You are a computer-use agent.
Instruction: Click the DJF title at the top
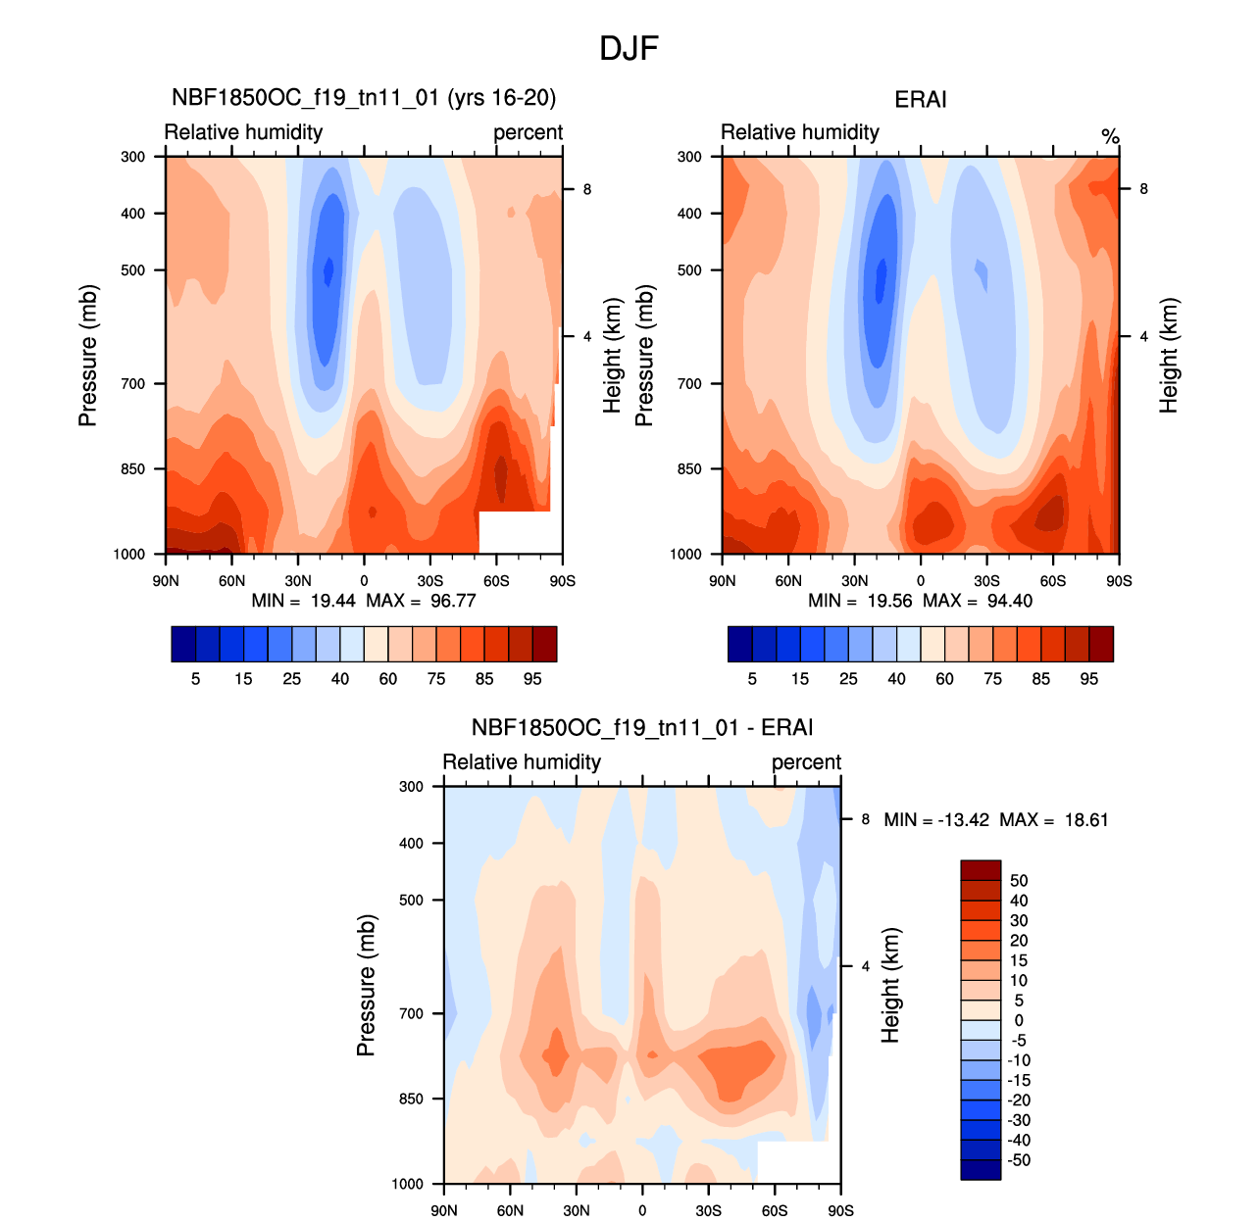[629, 48]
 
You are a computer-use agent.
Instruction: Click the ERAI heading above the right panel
[920, 99]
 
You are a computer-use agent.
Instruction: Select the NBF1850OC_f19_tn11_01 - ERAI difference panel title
[641, 728]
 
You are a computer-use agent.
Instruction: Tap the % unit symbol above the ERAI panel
[1110, 136]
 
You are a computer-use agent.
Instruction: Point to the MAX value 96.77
[453, 601]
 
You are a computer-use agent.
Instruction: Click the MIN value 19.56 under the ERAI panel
[889, 601]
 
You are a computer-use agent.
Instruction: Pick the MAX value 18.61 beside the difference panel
[1086, 820]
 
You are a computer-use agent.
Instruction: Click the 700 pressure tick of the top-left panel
[133, 384]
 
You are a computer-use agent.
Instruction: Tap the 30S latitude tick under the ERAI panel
[986, 581]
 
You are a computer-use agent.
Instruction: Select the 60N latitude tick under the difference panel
[510, 1211]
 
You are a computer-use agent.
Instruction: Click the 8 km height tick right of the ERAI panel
[1143, 189]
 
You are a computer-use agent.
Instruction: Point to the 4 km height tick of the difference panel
[866, 966]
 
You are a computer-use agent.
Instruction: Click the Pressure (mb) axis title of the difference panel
[366, 985]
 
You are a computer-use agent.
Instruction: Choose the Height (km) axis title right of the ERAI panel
[1168, 355]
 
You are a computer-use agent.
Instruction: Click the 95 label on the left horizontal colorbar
[532, 679]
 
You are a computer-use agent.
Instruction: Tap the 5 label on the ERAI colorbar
[752, 679]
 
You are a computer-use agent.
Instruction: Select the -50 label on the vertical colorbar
[1019, 1160]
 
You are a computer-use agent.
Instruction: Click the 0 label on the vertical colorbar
[1019, 1020]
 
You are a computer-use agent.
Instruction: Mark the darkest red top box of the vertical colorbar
[981, 870]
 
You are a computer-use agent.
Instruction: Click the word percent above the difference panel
[806, 762]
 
